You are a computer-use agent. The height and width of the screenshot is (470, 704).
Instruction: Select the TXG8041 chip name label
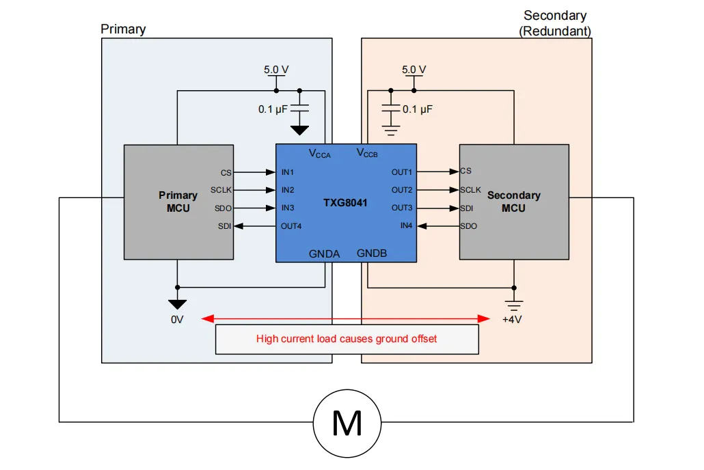click(345, 203)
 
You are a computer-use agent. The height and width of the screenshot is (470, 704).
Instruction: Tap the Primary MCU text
click(178, 202)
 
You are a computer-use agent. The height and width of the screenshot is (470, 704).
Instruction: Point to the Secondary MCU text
click(513, 202)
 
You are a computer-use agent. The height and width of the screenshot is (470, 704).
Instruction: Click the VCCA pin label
click(320, 154)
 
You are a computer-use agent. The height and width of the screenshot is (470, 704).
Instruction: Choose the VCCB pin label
click(367, 153)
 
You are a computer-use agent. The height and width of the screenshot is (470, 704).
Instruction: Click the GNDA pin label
click(324, 254)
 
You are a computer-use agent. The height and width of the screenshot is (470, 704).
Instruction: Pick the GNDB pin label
click(372, 253)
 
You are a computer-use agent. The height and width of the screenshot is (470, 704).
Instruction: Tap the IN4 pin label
click(406, 226)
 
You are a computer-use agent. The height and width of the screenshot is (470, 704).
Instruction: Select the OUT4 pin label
click(291, 226)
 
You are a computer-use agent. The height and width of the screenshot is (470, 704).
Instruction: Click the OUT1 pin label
click(402, 172)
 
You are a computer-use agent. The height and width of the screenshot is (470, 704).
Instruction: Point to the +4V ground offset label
click(512, 320)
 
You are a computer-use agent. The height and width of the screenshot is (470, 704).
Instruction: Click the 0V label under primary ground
click(177, 320)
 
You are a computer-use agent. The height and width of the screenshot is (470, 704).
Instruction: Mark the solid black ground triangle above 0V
click(177, 305)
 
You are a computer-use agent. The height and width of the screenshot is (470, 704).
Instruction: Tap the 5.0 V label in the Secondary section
click(414, 70)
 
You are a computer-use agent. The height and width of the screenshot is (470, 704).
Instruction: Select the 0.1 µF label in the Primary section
click(273, 109)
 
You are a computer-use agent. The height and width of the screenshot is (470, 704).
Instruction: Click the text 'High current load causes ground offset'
click(347, 339)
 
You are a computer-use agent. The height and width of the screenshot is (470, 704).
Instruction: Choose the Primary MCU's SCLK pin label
click(221, 191)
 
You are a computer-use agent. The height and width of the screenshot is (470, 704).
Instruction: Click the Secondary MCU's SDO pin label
click(469, 226)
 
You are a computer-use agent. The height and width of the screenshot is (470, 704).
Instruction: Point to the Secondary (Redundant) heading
click(555, 23)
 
